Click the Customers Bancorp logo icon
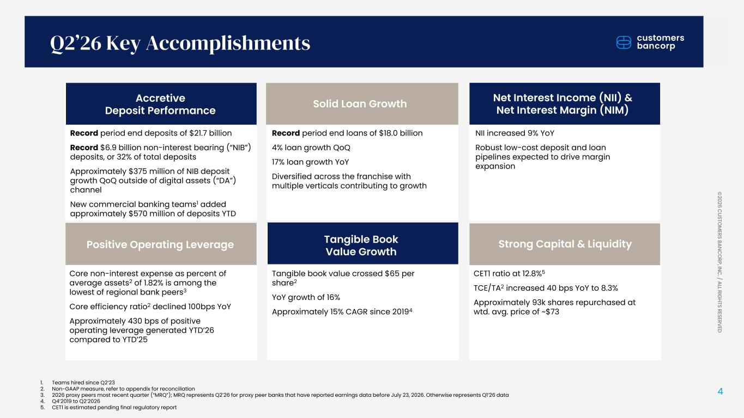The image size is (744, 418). coord(624,42)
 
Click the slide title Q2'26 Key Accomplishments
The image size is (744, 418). coord(180,43)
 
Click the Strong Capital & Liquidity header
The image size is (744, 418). coord(565,244)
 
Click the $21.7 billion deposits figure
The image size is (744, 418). coord(210,133)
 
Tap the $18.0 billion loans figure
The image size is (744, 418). coord(401,133)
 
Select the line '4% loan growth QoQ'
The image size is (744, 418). coord(311,147)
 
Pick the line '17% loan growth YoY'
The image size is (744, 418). coord(310,162)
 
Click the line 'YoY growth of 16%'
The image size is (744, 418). coord(306,297)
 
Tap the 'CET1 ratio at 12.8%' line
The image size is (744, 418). coord(509,273)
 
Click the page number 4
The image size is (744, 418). coord(720,391)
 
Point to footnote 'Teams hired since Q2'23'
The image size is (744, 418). coord(83,383)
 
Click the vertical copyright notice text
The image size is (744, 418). coord(719,262)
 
